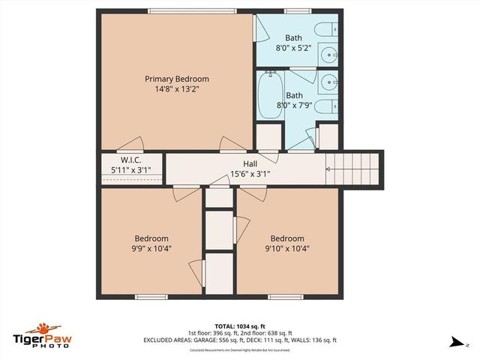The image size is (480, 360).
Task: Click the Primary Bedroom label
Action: coord(177,79)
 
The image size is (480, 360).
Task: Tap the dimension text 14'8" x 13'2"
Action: coord(177,89)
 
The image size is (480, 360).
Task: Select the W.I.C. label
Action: coord(132,160)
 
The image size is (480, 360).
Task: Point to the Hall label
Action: coord(250,164)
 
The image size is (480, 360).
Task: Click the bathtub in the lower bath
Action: coord(269,95)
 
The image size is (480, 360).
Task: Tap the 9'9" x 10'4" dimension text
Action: coord(152,249)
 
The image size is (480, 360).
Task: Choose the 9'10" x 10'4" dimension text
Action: coord(288,249)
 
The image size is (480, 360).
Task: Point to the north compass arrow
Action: coord(455,342)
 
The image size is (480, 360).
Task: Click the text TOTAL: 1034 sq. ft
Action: coord(240,326)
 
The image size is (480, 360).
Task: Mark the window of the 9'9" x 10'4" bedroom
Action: coord(151,297)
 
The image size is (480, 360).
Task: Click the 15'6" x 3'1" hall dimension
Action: coord(250,174)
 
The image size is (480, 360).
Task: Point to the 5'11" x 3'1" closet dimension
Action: coord(132,170)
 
